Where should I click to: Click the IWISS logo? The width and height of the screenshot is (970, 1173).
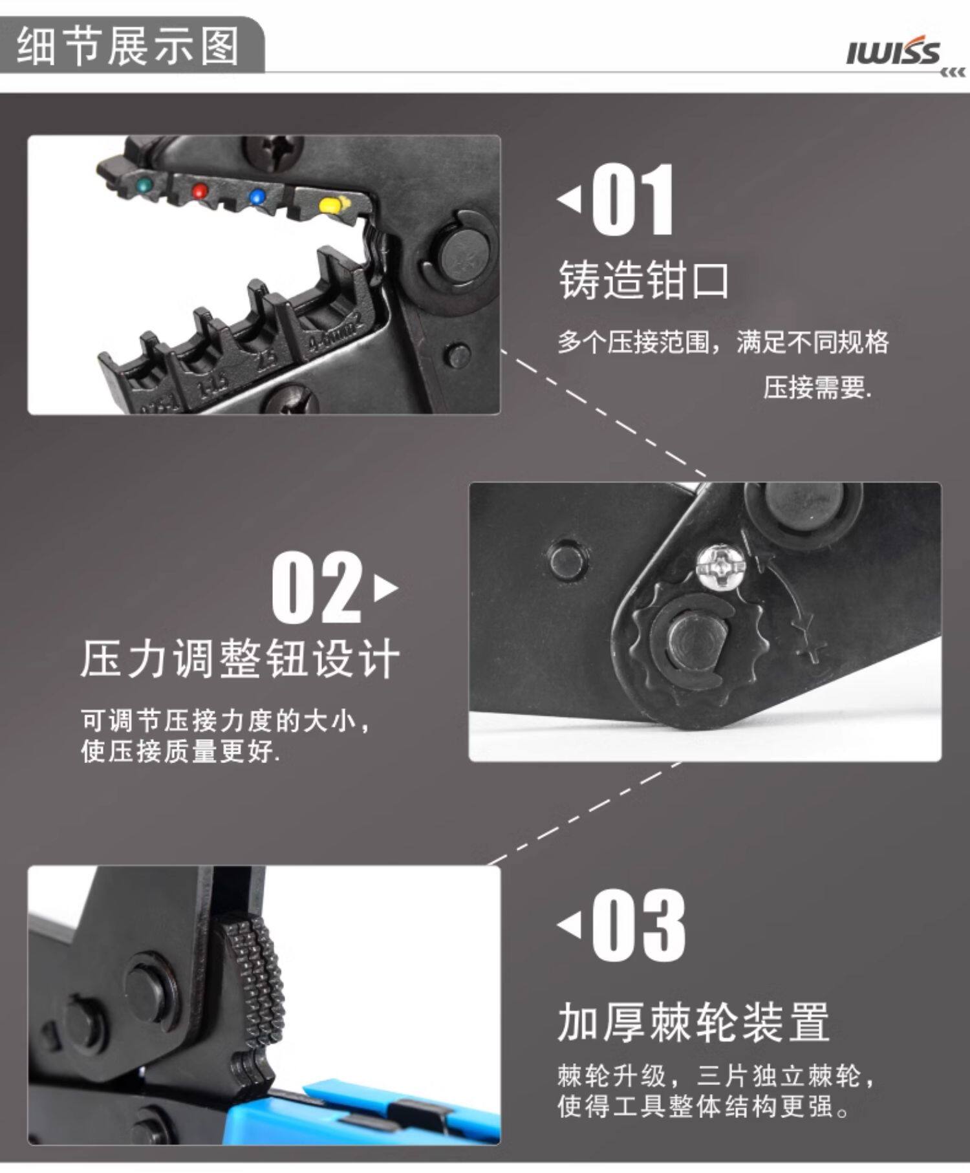point(899,54)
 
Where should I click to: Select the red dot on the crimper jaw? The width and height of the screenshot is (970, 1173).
point(200,191)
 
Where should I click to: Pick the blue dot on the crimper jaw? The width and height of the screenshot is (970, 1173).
point(258,195)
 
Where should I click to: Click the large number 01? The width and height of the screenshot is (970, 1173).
point(633,200)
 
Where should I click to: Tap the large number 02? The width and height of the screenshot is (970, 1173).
point(317,587)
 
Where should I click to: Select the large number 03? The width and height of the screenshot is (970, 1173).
point(638,925)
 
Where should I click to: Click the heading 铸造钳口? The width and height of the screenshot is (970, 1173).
point(643,281)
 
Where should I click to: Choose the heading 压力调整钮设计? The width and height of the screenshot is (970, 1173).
point(240,660)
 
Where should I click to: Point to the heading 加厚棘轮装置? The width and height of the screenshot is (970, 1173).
point(693,1022)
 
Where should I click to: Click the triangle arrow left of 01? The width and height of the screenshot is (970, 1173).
point(569,199)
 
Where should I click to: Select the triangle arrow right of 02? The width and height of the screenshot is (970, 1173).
point(386,588)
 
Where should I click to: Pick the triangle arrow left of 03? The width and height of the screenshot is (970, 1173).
point(569,925)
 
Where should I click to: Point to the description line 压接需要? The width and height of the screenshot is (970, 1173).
point(817,387)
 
